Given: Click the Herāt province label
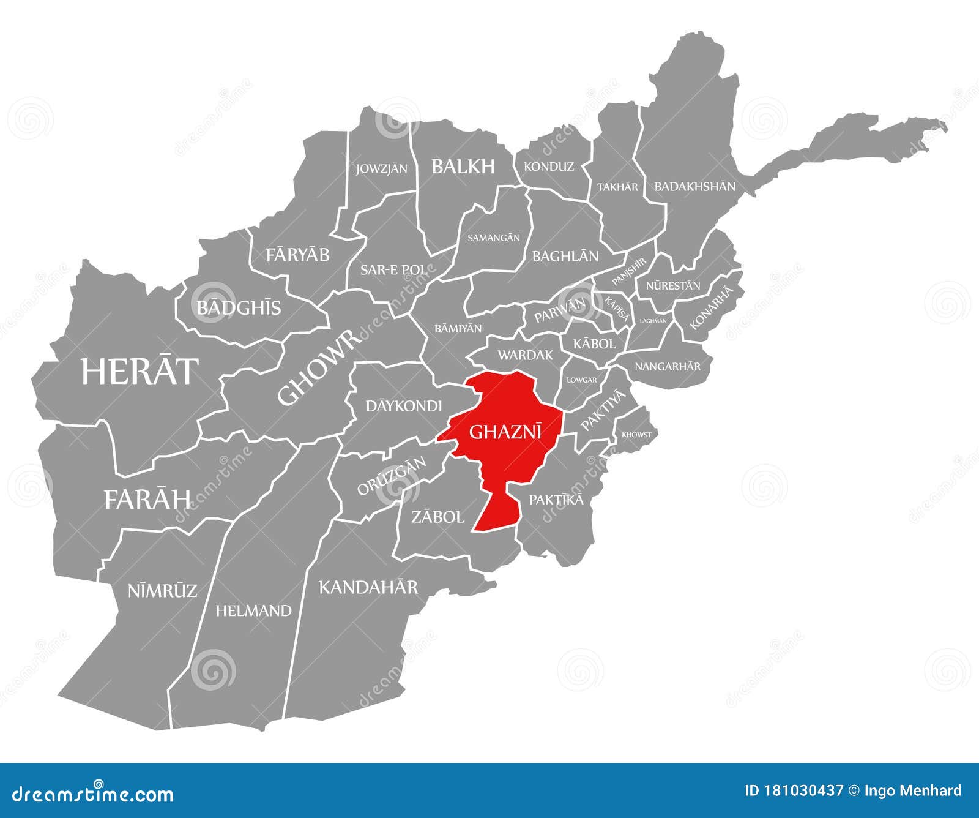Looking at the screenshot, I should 140,371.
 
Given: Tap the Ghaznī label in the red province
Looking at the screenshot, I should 505,432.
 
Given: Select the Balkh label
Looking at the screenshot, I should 463,166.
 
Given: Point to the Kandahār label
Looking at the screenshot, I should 368,588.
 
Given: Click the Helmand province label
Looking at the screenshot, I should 253,610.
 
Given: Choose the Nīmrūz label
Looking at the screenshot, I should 162,591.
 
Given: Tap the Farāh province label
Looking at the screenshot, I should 147,500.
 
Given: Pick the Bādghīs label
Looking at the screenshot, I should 239,307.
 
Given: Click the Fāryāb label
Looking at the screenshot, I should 297,255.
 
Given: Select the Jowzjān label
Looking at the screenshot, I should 382,168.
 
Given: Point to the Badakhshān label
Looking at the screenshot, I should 695,186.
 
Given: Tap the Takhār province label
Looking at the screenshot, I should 617,187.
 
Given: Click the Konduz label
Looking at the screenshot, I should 549,167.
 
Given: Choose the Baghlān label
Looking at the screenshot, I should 565,256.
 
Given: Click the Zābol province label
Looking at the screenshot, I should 437,517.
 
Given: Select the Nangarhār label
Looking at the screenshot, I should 668,367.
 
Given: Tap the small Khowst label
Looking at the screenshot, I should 636,435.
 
